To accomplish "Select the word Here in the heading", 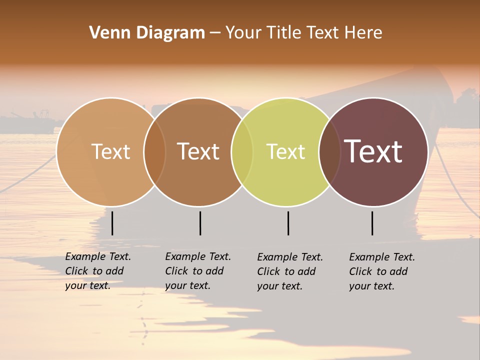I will click(x=362, y=33).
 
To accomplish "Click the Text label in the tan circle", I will click(x=110, y=151).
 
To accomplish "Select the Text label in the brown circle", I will click(x=198, y=151).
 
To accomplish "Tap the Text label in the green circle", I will click(x=285, y=151).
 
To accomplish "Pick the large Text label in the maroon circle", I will click(x=373, y=151).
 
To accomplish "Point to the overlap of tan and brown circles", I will click(x=154, y=151).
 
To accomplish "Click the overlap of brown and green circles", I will click(x=242, y=151).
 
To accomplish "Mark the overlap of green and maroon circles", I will click(x=329, y=151).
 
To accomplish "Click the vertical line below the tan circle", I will click(x=112, y=223).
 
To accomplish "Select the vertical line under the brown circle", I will click(x=200, y=223).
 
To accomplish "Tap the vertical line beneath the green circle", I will click(x=288, y=223).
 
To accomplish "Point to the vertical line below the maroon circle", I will click(x=372, y=223).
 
